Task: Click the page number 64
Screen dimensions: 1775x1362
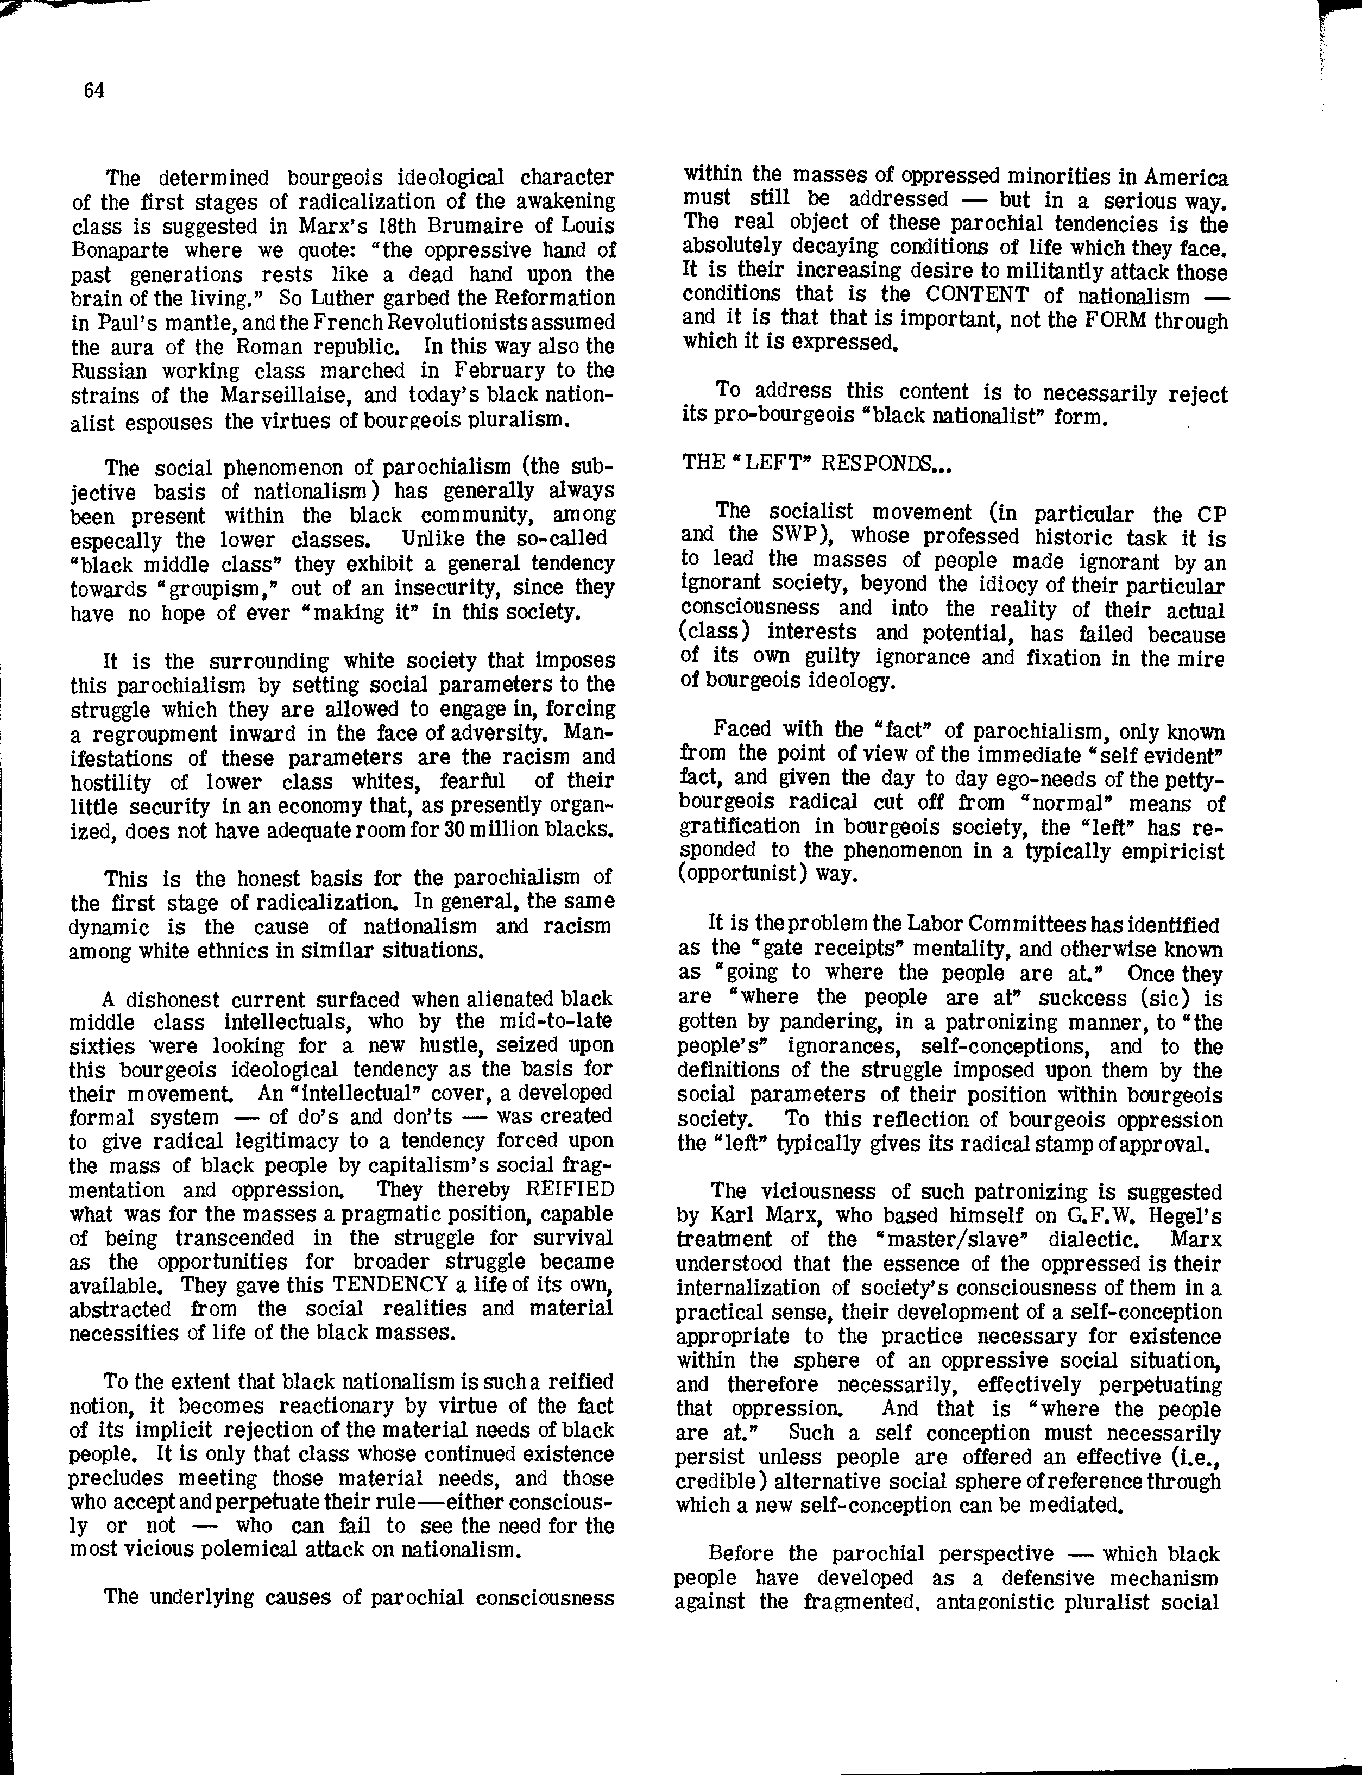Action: pos(94,91)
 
